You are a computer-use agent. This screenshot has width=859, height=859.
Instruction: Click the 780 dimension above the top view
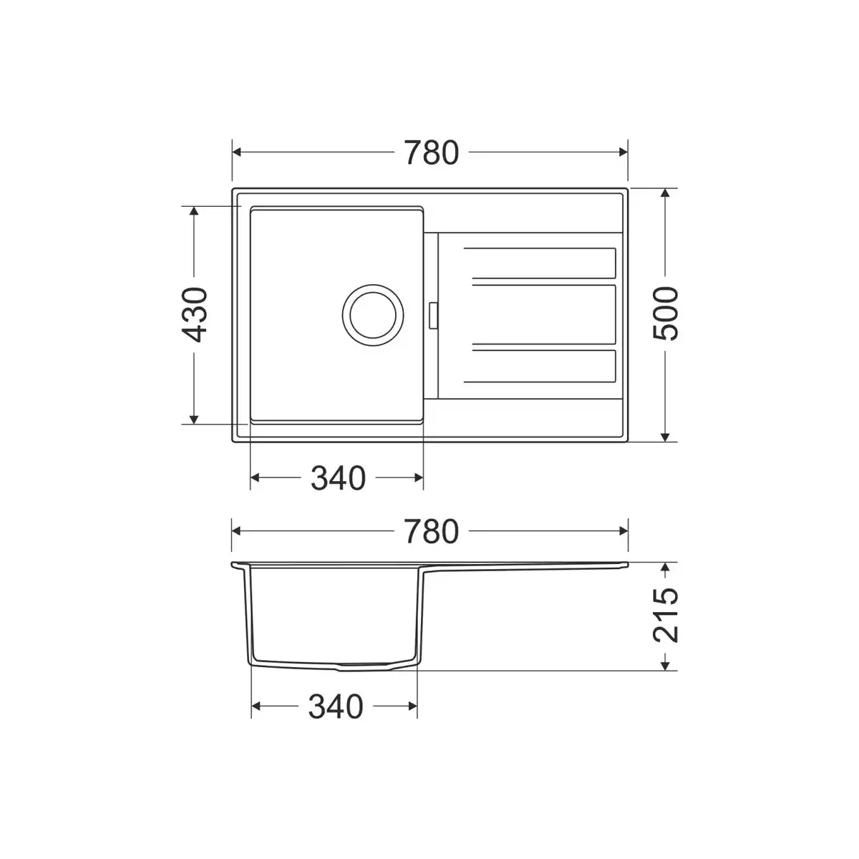click(x=432, y=153)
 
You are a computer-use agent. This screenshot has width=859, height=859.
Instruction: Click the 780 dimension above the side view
click(x=432, y=531)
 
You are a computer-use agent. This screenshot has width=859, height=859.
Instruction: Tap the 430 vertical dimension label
click(x=195, y=315)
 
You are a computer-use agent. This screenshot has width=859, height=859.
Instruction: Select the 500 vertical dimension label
click(x=665, y=314)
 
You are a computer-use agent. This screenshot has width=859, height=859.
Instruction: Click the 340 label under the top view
click(x=338, y=478)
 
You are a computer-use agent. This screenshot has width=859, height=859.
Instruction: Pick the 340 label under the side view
click(x=336, y=707)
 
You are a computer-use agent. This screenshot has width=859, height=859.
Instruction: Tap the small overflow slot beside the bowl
click(x=432, y=316)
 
